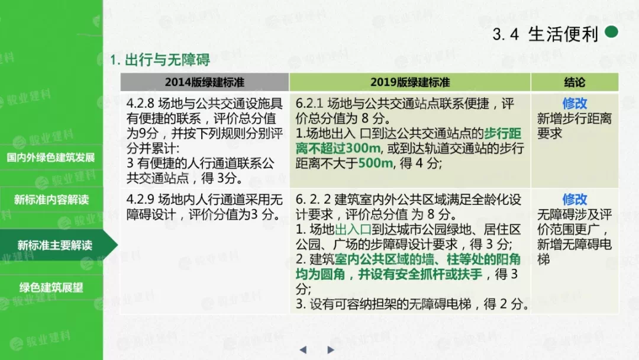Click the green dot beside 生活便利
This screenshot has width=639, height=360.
(x=611, y=32)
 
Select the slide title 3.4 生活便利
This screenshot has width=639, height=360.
(x=546, y=34)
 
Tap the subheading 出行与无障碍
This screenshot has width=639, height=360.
(x=167, y=60)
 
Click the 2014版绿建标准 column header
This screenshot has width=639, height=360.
(x=205, y=82)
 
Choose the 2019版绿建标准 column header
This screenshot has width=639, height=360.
(x=410, y=82)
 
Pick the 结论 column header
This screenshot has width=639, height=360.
(x=575, y=82)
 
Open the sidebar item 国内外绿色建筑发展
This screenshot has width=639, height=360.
(x=51, y=157)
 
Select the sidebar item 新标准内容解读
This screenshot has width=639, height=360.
(x=51, y=200)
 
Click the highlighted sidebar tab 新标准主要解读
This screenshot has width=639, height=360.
(x=55, y=245)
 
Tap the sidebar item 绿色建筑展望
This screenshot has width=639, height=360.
(x=51, y=287)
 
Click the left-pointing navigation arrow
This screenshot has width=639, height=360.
(x=303, y=350)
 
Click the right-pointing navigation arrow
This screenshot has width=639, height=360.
(x=331, y=350)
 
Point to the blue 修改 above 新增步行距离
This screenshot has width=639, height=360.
(x=575, y=104)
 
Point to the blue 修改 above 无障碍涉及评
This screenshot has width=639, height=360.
(x=575, y=200)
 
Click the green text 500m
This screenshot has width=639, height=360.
(x=375, y=163)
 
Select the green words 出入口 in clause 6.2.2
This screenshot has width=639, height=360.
(x=353, y=230)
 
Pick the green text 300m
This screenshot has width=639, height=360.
(x=363, y=149)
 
